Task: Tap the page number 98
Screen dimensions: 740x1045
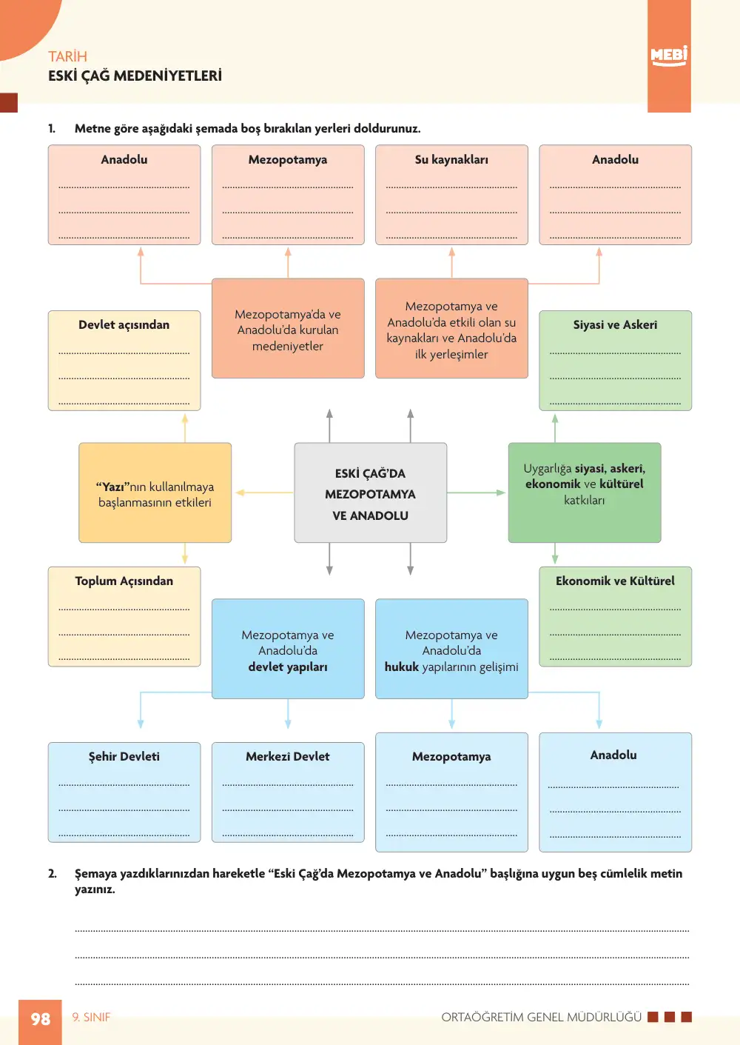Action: tap(41, 1019)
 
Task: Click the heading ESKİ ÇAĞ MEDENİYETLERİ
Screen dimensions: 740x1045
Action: tap(135, 76)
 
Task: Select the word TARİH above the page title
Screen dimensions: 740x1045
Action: tap(67, 56)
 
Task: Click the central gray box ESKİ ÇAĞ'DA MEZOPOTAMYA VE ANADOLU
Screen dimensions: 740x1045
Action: tap(371, 493)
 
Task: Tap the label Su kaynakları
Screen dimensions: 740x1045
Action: tap(451, 159)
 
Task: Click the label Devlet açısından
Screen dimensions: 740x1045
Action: tap(124, 324)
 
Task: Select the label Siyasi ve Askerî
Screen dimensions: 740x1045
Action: tap(615, 324)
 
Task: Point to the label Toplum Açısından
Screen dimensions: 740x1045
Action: tap(124, 581)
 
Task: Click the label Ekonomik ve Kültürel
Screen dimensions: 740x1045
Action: tap(615, 581)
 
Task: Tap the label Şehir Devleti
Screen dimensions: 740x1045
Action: tap(124, 756)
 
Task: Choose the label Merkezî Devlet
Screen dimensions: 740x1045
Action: tap(288, 756)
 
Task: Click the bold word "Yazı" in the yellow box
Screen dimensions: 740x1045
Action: tap(112, 487)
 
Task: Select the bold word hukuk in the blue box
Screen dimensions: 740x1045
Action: tap(402, 667)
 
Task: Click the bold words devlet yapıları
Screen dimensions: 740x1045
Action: tap(288, 667)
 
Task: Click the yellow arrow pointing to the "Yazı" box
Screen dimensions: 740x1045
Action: tap(264, 493)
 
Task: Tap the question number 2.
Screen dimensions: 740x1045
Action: tap(53, 873)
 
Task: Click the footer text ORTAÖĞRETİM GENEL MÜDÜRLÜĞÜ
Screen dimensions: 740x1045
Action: tap(542, 1017)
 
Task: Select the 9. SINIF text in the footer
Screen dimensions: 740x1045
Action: tap(91, 1017)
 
